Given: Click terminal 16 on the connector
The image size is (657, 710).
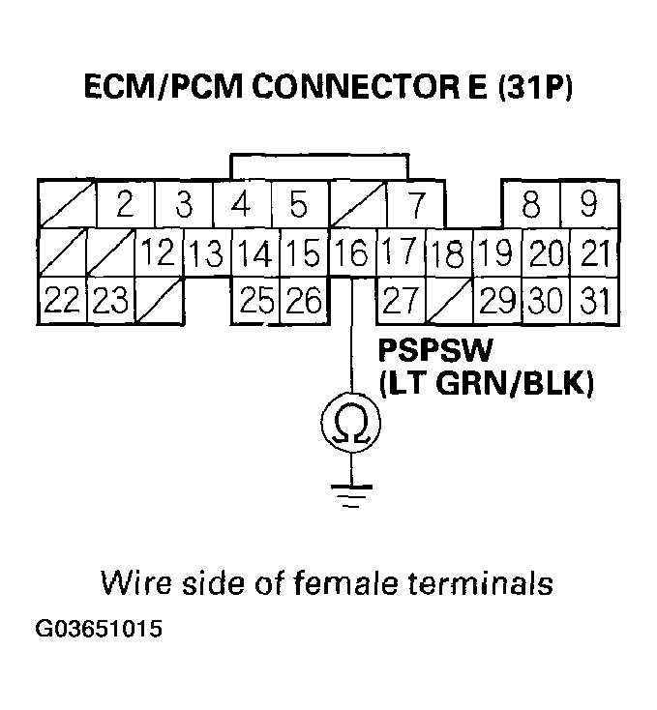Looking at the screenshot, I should [351, 254].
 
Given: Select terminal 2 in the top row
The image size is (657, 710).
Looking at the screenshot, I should [124, 205].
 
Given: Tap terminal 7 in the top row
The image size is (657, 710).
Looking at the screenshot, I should [416, 205].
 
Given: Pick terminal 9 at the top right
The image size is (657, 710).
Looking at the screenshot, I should [589, 205].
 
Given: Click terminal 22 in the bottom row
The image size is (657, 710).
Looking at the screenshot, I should [61, 302].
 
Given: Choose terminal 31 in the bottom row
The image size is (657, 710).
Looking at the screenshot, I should [592, 302].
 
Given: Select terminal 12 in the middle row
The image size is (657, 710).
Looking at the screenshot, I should [158, 254].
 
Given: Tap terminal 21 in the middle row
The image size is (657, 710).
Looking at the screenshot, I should [594, 254].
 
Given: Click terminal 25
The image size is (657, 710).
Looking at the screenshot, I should [255, 302].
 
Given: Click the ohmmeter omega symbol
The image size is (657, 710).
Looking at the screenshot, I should [351, 423].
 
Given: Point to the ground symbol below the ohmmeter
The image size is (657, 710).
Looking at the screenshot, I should [351, 493].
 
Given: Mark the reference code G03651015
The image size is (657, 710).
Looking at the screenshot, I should [99, 630].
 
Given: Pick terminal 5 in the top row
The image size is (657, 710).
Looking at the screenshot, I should [299, 205].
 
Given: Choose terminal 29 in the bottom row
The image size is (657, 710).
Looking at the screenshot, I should [496, 302].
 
